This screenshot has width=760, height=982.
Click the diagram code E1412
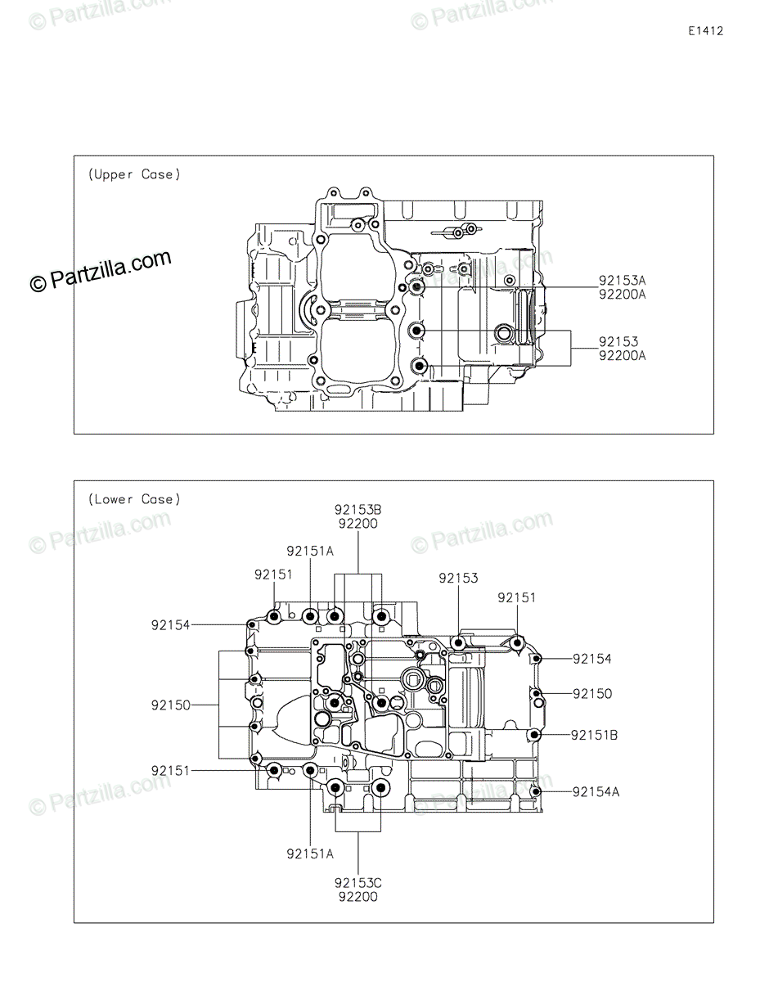(x=705, y=31)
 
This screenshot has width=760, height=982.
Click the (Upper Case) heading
(x=134, y=174)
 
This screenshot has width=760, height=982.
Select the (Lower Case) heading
(x=134, y=499)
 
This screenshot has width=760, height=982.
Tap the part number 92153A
(x=622, y=281)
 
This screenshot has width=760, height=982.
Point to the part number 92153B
(x=358, y=510)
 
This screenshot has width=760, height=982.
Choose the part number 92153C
(x=358, y=883)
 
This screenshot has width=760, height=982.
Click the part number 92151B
(x=594, y=735)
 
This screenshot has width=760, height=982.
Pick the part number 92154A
(x=596, y=792)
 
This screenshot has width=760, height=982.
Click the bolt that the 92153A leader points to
(x=416, y=287)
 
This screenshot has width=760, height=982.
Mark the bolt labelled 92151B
(x=534, y=735)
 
